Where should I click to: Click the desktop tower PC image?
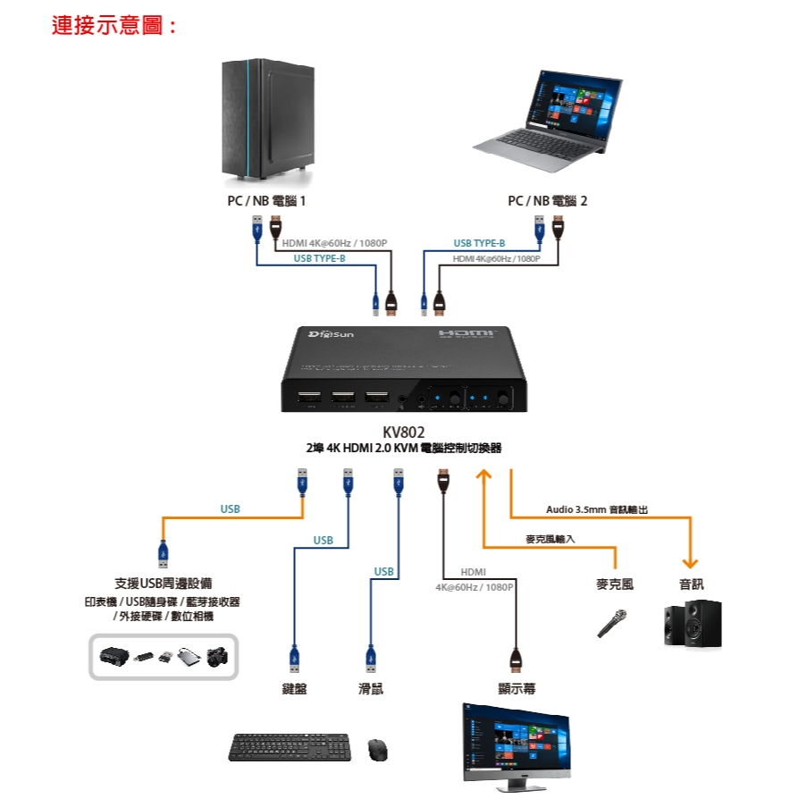[266, 118]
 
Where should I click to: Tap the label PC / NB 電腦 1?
[266, 201]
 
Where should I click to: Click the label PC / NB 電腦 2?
[547, 201]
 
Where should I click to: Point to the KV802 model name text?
[403, 433]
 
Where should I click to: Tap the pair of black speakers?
[693, 624]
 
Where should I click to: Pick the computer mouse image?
[377, 749]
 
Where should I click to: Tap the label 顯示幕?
[517, 689]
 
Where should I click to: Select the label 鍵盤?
[294, 689]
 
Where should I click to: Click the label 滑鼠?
[370, 689]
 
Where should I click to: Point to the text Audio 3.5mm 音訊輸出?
[596, 509]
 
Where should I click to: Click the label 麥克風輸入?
[550, 539]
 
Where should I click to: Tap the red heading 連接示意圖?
[113, 26]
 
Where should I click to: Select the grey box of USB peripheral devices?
[163, 657]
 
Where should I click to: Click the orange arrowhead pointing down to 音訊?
[689, 562]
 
